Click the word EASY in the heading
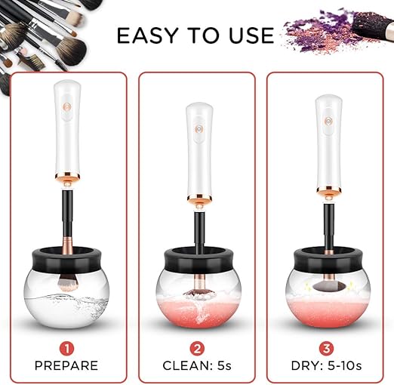[x=142, y=36]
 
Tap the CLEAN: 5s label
[x=196, y=366]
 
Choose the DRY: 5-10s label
[x=327, y=366]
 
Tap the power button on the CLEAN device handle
[x=198, y=131]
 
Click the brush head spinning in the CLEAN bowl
[x=198, y=285]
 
